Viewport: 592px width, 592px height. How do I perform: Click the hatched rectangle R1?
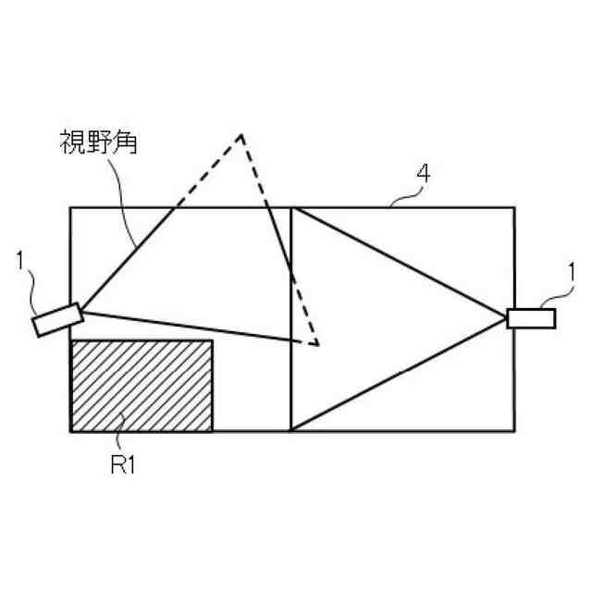(142, 386)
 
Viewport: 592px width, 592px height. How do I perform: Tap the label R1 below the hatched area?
(123, 464)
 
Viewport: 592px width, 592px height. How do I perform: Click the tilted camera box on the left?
(57, 320)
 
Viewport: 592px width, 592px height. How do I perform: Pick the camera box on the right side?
(531, 318)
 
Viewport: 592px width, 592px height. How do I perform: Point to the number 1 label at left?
(20, 262)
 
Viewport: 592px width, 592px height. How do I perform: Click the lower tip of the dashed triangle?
(317, 345)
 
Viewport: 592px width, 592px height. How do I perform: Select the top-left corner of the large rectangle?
(70, 208)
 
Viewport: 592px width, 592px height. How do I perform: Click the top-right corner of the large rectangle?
(514, 208)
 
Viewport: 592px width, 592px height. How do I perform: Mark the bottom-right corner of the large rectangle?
(514, 431)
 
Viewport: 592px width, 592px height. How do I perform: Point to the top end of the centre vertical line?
(291, 208)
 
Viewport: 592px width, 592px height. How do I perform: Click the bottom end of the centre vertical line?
(291, 431)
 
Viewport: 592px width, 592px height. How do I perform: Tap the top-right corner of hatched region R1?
(212, 341)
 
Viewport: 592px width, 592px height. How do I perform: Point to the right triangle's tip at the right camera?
(505, 317)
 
